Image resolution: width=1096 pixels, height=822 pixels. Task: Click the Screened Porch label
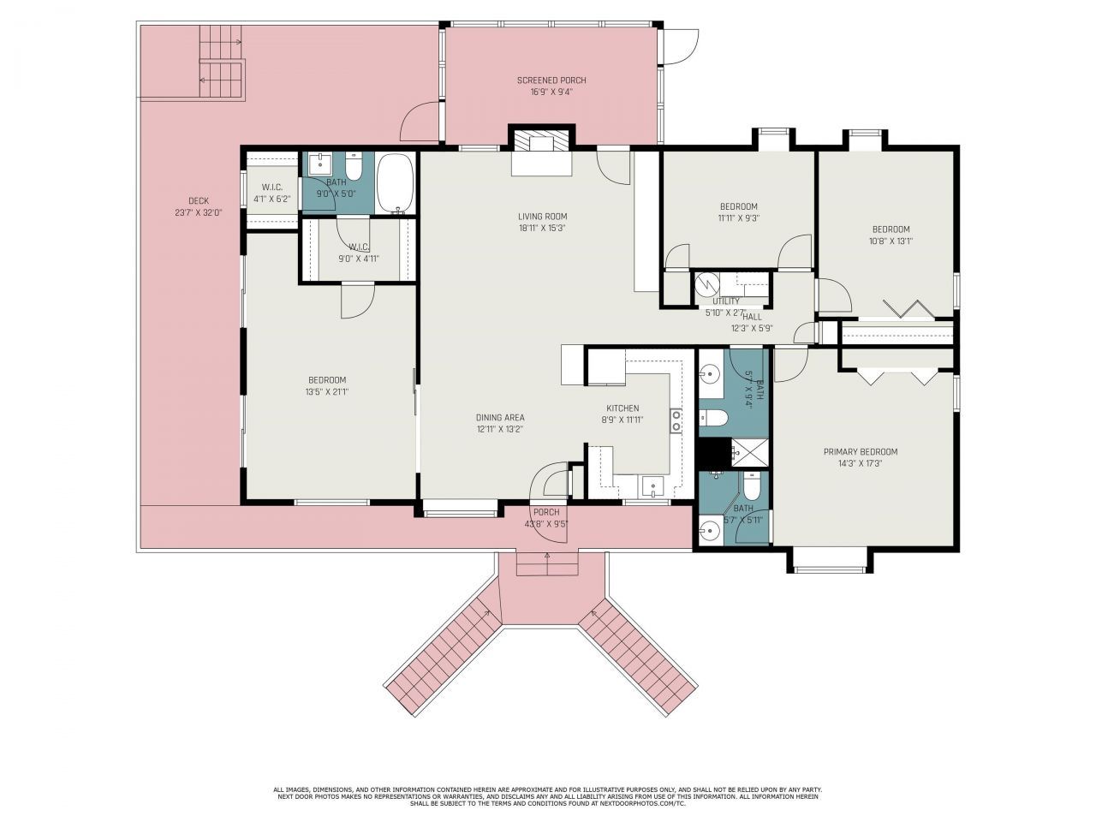[x=551, y=80]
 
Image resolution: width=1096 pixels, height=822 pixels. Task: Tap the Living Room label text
[x=542, y=217]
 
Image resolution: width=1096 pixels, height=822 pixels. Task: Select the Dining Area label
[x=500, y=418]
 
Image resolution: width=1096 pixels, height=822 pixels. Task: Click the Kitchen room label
[x=622, y=408]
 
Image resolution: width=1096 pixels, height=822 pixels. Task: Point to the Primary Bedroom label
[x=860, y=452]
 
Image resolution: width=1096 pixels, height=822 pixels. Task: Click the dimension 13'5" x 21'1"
[x=327, y=392]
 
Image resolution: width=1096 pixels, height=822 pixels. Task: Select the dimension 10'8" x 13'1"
[x=890, y=241]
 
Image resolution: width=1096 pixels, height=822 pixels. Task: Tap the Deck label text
[x=198, y=201]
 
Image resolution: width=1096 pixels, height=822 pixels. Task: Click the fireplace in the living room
[x=540, y=151]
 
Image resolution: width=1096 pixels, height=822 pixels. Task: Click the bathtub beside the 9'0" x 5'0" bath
[x=395, y=182]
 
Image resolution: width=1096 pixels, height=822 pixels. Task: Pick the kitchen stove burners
[x=676, y=420]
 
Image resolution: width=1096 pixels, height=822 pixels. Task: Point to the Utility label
[x=726, y=301]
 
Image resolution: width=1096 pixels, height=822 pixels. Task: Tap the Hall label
[x=752, y=317]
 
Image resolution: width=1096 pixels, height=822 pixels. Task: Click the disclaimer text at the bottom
[x=548, y=796]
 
